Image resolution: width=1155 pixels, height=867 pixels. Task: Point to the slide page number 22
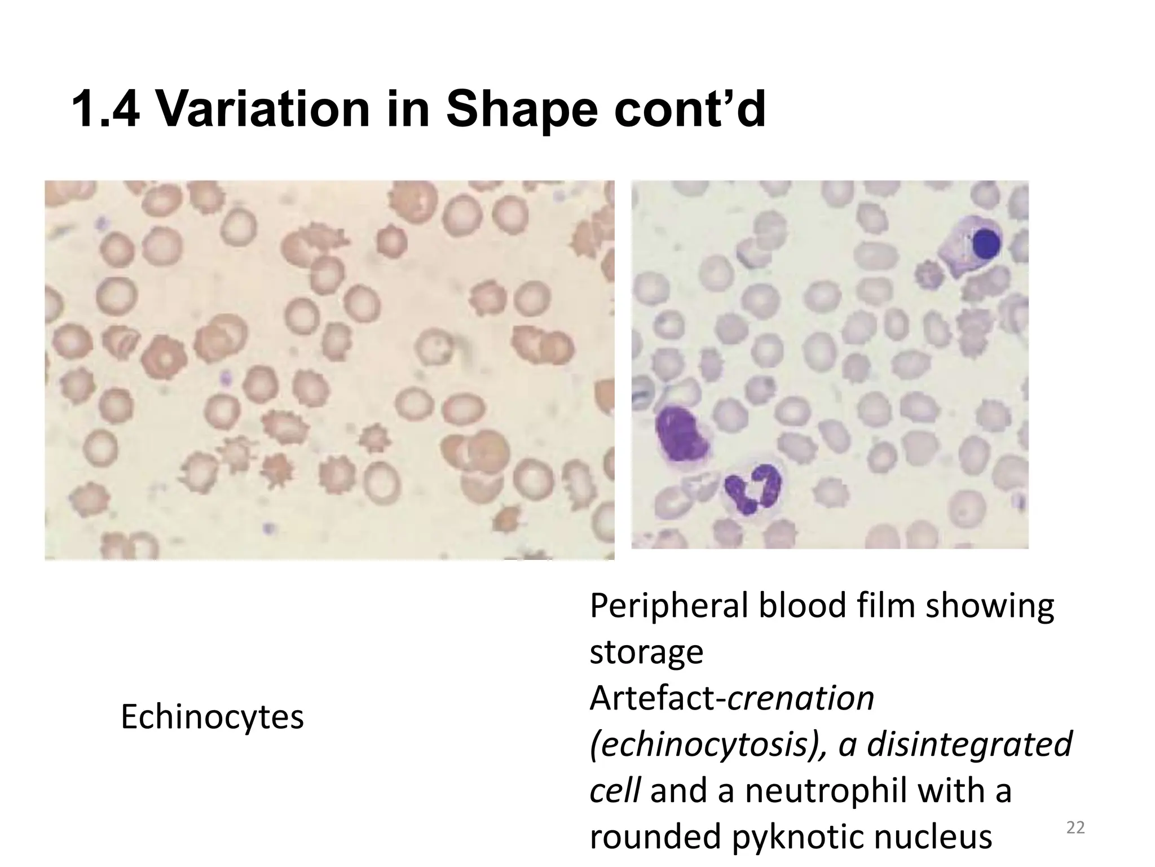coord(1075,828)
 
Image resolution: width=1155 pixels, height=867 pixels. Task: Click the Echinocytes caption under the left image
coord(212,718)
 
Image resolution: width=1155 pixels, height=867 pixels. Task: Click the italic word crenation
coord(801,698)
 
